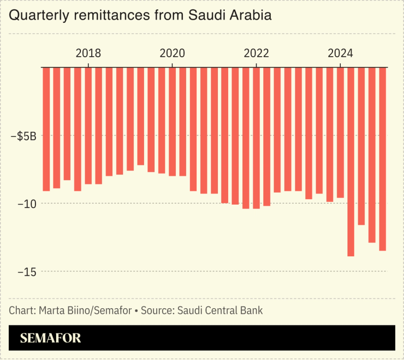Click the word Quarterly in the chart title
pos(34,16)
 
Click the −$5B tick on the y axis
pos(23,136)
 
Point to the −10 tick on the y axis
pos(26,203)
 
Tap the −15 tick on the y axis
pos(26,271)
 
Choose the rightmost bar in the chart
pos(382,158)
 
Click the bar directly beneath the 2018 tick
pos(88,125)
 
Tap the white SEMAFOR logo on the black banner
pos(51,338)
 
